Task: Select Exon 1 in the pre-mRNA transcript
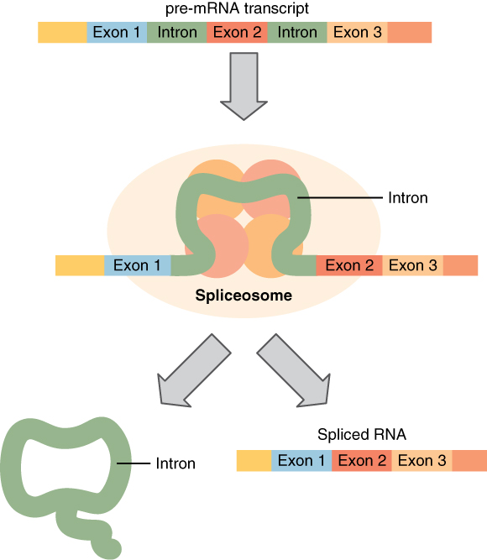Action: (117, 33)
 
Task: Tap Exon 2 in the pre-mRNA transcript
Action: (237, 33)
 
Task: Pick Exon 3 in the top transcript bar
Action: (358, 33)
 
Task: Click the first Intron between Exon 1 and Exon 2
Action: (176, 33)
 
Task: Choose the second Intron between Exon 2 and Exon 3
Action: (297, 33)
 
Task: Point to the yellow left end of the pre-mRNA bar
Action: (62, 33)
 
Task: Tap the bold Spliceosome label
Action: (243, 296)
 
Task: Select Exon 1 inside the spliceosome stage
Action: (137, 265)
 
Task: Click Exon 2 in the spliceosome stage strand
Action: (349, 265)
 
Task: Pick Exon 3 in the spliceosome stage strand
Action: (412, 265)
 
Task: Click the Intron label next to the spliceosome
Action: (408, 198)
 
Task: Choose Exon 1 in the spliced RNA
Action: (301, 460)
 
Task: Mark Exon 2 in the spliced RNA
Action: (362, 460)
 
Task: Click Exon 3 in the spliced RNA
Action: (422, 460)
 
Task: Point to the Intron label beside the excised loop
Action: (175, 463)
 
